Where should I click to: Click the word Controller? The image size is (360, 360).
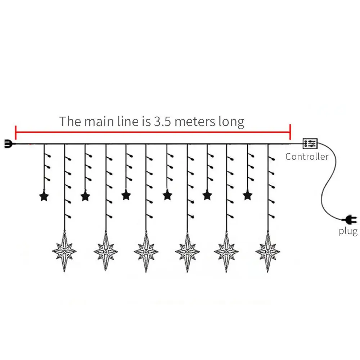307,157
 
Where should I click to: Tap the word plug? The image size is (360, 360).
348,231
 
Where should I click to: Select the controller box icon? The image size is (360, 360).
310,144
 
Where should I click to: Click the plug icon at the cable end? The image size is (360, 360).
350,219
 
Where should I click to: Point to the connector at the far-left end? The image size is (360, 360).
8,144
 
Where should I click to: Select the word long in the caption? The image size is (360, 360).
231,122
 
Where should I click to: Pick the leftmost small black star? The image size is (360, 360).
44,196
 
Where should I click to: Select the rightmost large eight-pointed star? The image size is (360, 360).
268,251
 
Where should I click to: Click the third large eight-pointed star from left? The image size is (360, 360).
146,251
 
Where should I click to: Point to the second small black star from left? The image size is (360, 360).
85,196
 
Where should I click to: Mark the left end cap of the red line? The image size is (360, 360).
16,132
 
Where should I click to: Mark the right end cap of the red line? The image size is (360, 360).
290,132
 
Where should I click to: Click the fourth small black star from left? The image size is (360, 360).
167,195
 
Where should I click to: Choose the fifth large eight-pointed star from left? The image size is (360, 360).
227,251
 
